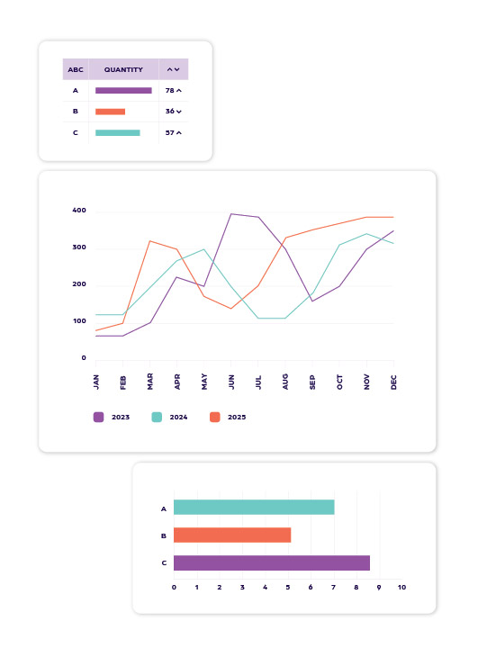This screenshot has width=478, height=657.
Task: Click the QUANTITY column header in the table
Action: [x=123, y=69]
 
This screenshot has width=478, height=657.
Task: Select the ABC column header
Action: [x=76, y=69]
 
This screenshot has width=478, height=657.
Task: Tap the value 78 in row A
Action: [x=169, y=90]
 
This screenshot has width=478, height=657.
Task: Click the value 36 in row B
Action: [x=169, y=112]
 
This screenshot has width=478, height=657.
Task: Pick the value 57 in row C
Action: [x=169, y=132]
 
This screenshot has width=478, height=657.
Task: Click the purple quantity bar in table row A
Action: [x=123, y=90]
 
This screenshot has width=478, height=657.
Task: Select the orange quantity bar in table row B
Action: [x=110, y=112]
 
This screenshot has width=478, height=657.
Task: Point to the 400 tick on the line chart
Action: [x=78, y=211]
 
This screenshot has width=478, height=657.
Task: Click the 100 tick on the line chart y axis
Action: [x=78, y=321]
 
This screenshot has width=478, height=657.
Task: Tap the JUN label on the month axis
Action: [x=231, y=381]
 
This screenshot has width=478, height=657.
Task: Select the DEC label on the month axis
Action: [x=393, y=381]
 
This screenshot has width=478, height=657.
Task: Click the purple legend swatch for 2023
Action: [x=99, y=417]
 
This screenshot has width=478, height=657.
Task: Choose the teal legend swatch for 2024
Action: [x=157, y=417]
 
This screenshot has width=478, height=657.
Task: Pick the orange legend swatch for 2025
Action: [x=214, y=417]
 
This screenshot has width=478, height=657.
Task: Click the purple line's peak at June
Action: [x=231, y=214]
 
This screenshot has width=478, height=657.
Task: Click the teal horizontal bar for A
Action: [x=253, y=508]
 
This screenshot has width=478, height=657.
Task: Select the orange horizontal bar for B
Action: [x=231, y=535]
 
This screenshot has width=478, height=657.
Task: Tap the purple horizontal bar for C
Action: [x=271, y=562]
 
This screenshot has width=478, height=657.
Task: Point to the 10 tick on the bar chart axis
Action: [x=401, y=588]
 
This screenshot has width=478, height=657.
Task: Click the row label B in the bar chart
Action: [x=164, y=535]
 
